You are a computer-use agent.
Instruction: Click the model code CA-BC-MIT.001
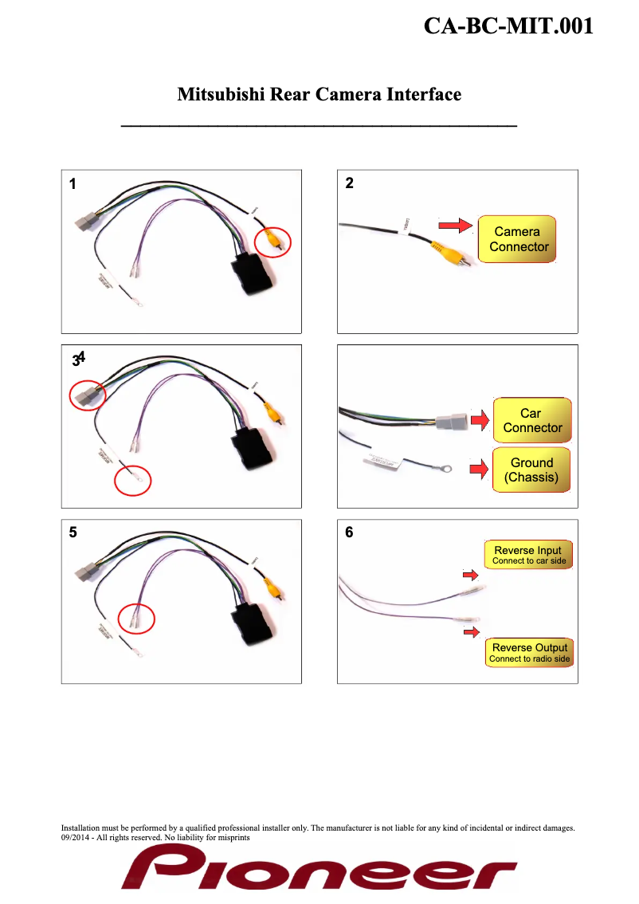[508, 26]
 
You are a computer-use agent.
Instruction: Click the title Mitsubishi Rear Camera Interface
[319, 95]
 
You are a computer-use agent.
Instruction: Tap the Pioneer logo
[319, 868]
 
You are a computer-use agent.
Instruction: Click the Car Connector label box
[531, 420]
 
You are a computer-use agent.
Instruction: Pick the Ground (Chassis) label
[531, 470]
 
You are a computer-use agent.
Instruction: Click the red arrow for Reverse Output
[472, 632]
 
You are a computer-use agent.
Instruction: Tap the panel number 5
[73, 534]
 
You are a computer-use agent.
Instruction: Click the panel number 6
[349, 533]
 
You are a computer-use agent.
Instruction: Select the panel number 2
[349, 183]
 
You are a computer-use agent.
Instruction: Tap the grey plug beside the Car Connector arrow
[451, 420]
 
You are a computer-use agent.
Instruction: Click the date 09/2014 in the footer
[77, 838]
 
